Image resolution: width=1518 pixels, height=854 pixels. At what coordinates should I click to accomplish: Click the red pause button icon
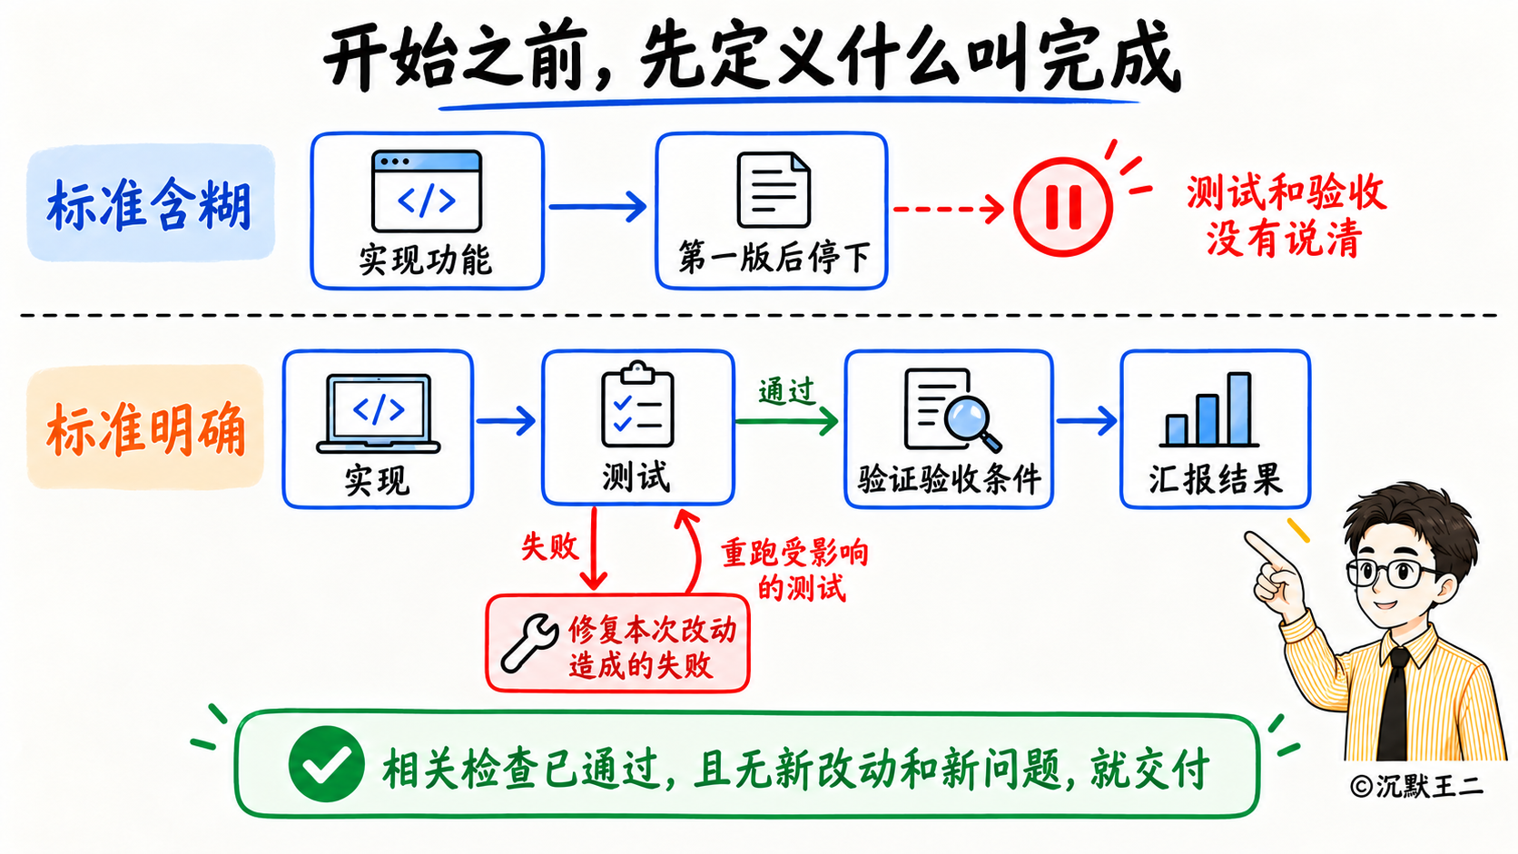pyautogui.click(x=1062, y=207)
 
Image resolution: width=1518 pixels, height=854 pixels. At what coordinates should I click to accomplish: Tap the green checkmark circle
pyautogui.click(x=326, y=764)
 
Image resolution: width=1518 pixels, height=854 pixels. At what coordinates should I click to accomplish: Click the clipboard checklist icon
pyautogui.click(x=637, y=405)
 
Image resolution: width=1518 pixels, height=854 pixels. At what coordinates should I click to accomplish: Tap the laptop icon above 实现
pyautogui.click(x=379, y=413)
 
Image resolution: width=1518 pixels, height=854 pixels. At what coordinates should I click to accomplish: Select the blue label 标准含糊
pyautogui.click(x=150, y=204)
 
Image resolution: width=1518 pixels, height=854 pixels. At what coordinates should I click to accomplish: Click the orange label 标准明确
pyautogui.click(x=145, y=427)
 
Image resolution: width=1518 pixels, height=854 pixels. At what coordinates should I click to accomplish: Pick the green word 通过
pyautogui.click(x=786, y=391)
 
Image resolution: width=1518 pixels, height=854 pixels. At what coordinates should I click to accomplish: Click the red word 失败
pyautogui.click(x=549, y=545)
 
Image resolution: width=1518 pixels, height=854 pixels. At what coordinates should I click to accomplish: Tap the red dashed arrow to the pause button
pyautogui.click(x=949, y=209)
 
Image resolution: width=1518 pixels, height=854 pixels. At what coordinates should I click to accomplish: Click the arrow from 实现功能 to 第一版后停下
pyautogui.click(x=597, y=207)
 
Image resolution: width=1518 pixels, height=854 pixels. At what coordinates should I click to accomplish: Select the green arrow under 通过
pyautogui.click(x=787, y=421)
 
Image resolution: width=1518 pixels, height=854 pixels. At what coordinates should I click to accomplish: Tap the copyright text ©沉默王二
pyautogui.click(x=1417, y=787)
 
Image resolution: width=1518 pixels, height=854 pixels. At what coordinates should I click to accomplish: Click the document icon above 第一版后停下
pyautogui.click(x=774, y=190)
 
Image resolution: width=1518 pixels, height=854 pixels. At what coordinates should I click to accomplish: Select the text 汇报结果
pyautogui.click(x=1216, y=479)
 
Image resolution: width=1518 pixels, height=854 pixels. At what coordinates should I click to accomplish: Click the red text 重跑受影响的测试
pyautogui.click(x=795, y=570)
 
